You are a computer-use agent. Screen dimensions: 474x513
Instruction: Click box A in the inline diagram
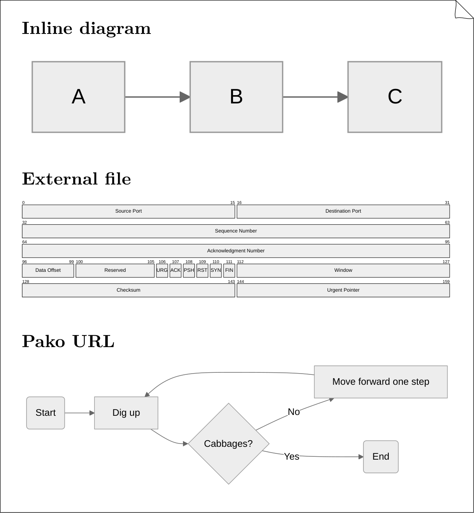[78, 97]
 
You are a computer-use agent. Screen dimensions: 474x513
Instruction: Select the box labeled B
[236, 97]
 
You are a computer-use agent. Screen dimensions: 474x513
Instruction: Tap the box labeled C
[395, 97]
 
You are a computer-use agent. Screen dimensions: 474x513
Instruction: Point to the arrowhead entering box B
[185, 97]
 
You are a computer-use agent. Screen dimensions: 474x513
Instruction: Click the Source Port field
[128, 211]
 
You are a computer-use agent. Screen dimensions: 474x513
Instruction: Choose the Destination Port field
[343, 211]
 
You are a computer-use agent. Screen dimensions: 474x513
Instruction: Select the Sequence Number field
[236, 231]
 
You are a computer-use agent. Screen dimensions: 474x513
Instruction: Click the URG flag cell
[162, 271]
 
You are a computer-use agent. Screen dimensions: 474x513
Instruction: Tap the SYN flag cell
[216, 271]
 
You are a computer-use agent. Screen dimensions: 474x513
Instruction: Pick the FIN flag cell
[229, 271]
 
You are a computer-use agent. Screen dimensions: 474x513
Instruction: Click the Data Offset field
[48, 271]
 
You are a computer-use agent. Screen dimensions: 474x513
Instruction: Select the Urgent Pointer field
[343, 290]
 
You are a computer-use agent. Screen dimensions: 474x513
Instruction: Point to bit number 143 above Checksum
[231, 281]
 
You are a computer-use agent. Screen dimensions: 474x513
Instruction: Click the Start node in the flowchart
[46, 413]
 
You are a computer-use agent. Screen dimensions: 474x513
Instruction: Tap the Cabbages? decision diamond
[229, 443]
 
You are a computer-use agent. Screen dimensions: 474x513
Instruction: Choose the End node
[380, 457]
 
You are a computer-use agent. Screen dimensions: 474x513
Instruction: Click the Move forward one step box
[380, 382]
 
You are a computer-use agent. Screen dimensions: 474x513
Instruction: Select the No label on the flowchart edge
[294, 412]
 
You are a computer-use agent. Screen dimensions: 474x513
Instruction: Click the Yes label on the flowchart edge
[291, 456]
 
